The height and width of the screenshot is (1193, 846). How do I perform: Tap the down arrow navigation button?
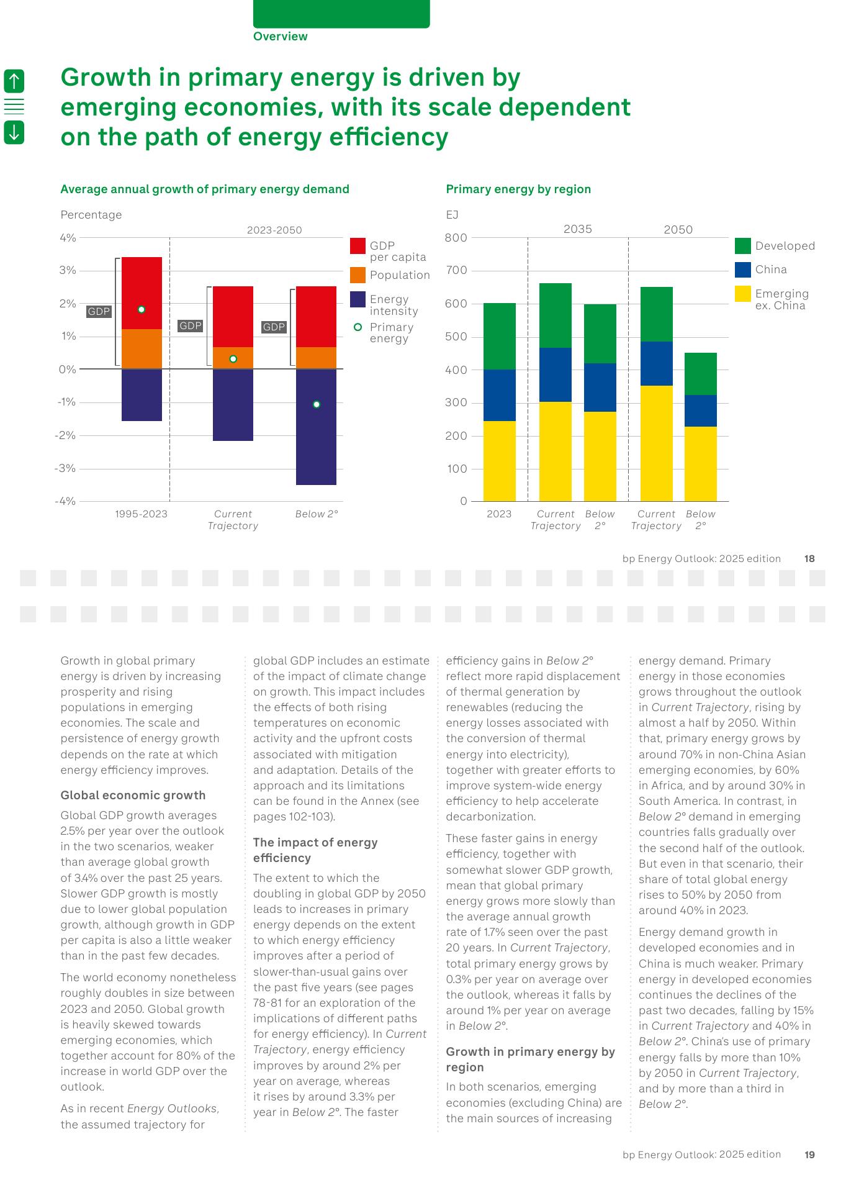(x=14, y=132)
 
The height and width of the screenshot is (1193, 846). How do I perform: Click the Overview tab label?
(x=280, y=37)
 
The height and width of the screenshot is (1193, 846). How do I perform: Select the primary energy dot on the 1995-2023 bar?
(x=142, y=309)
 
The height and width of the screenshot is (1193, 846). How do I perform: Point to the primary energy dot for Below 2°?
(x=317, y=404)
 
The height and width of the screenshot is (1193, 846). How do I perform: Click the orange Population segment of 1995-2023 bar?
(x=142, y=349)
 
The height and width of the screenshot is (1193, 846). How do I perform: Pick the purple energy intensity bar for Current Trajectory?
(x=233, y=405)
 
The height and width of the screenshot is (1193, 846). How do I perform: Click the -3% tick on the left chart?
(x=66, y=468)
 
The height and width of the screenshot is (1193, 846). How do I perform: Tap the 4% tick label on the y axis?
(x=68, y=238)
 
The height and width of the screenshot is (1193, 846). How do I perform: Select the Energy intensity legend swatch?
(x=358, y=299)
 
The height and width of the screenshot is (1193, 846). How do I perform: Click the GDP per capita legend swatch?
(x=358, y=246)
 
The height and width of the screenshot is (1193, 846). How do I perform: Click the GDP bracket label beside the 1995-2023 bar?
(x=99, y=312)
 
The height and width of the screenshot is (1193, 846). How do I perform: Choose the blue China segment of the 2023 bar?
(x=499, y=395)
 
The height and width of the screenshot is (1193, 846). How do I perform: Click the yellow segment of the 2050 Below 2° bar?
(x=700, y=463)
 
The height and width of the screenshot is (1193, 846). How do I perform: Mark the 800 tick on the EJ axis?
(x=456, y=238)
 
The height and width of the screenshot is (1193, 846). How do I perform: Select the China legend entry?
(x=770, y=270)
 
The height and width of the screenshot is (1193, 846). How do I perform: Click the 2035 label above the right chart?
(x=577, y=229)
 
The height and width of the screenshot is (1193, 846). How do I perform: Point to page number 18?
(x=809, y=558)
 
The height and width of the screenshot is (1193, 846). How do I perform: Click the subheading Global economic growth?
(x=133, y=796)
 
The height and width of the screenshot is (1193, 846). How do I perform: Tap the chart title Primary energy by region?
(x=518, y=189)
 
